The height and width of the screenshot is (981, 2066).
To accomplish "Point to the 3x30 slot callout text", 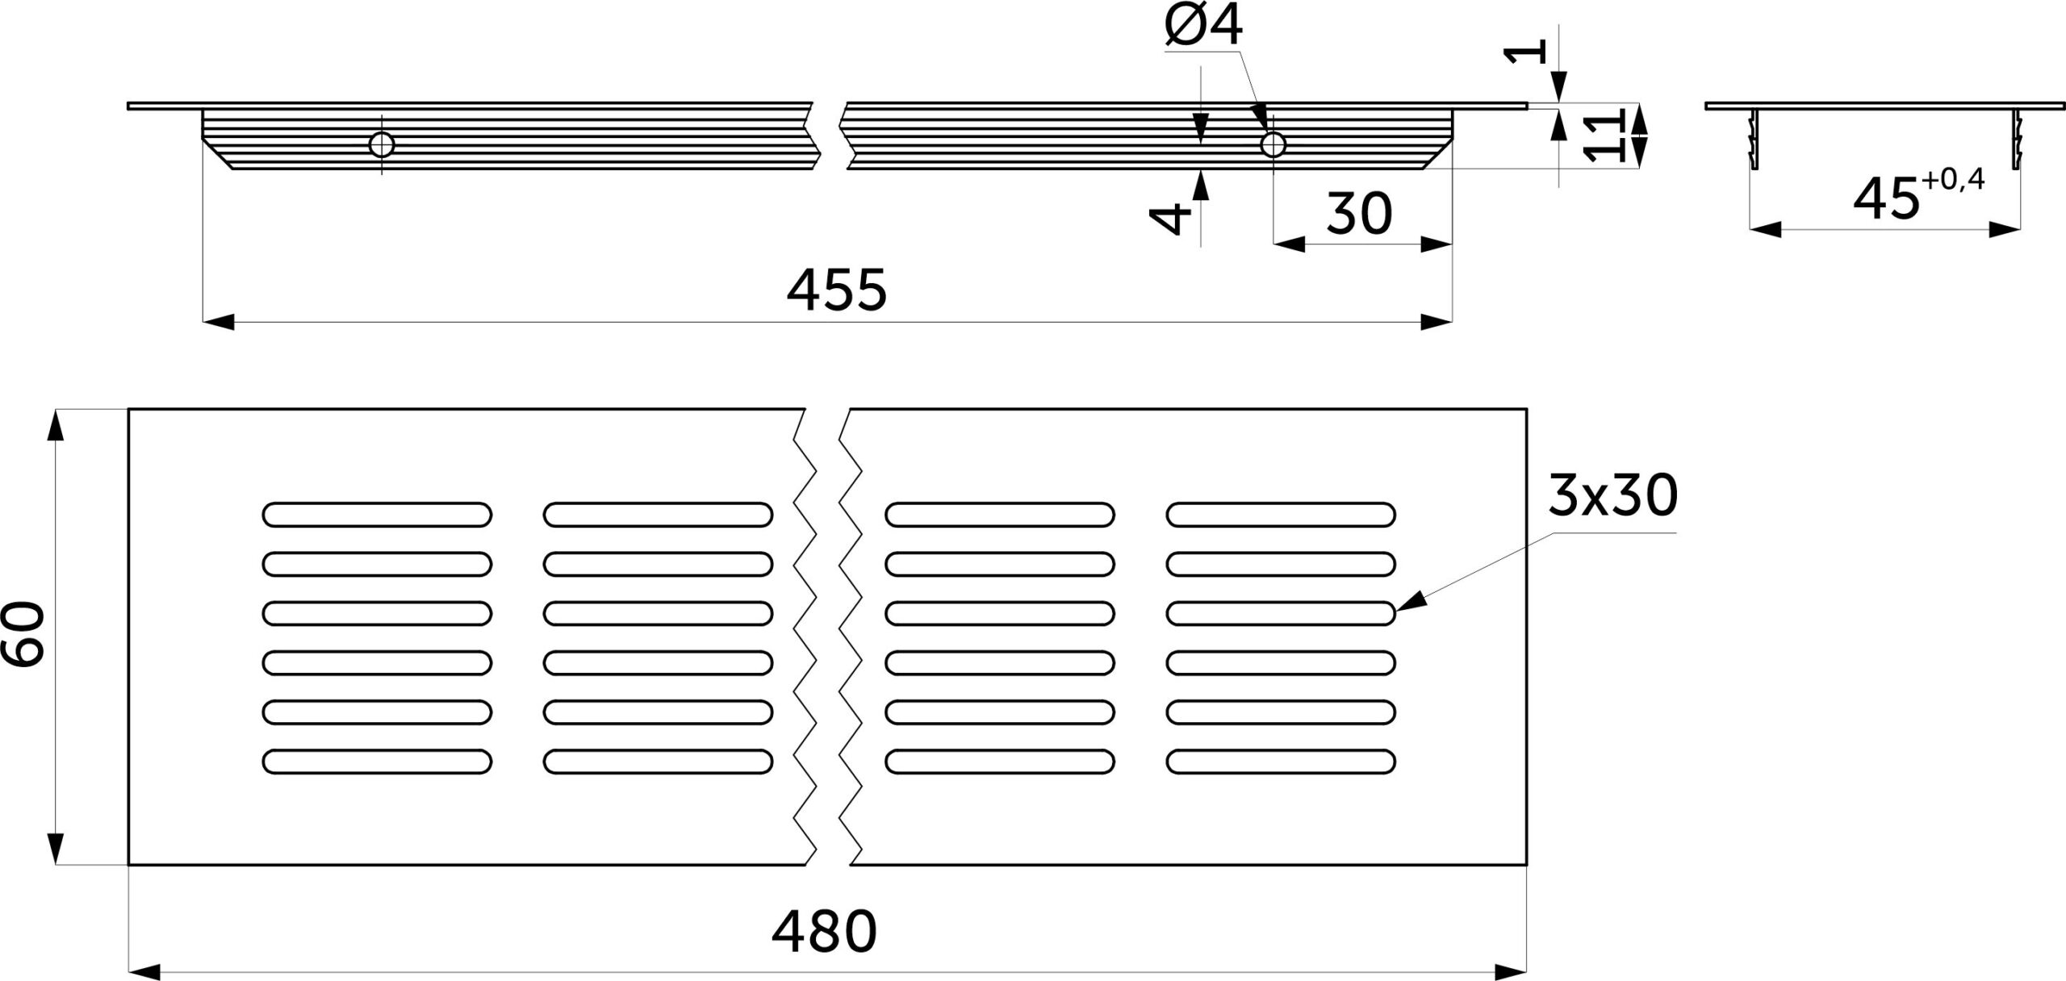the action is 1612,496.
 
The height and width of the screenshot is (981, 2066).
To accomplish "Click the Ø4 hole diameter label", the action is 1204,27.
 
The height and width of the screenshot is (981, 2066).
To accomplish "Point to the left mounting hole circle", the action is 382,145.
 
